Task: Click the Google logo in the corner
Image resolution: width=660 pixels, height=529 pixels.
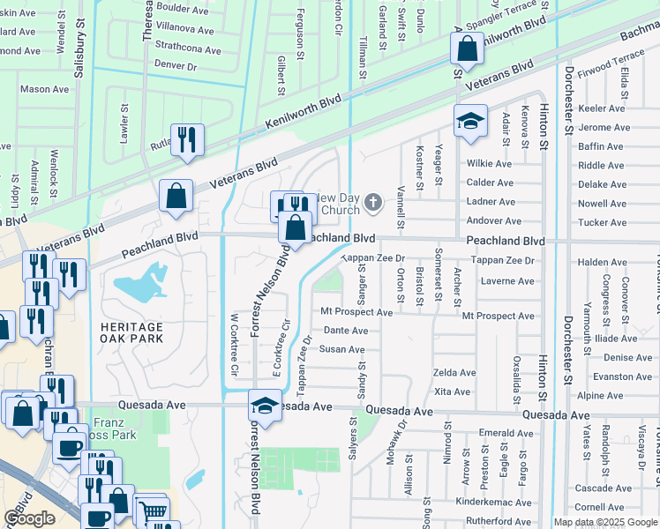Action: click(x=29, y=518)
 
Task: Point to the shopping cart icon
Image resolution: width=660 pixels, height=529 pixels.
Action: click(x=154, y=512)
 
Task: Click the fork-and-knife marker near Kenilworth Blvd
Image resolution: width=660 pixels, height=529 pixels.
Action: click(x=187, y=139)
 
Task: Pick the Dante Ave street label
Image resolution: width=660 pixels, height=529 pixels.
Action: click(x=345, y=331)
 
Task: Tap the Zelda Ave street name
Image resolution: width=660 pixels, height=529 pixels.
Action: click(x=454, y=373)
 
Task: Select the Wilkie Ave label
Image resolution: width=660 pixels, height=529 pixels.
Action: click(x=489, y=164)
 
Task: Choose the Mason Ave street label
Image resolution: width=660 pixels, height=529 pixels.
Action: click(x=44, y=89)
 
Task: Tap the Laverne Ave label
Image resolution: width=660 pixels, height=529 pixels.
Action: click(x=507, y=281)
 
